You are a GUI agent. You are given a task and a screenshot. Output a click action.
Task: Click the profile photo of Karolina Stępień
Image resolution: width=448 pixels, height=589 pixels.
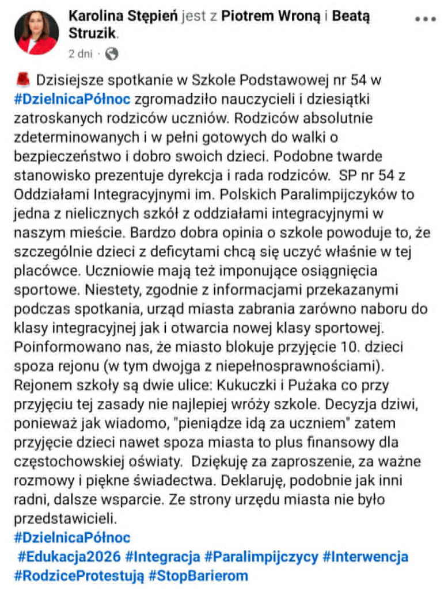[x=36, y=33]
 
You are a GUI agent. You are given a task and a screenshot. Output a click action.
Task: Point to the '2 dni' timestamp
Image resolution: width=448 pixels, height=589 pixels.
[x=80, y=54]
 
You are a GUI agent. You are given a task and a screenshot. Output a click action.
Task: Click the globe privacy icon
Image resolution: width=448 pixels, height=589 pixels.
[x=112, y=54]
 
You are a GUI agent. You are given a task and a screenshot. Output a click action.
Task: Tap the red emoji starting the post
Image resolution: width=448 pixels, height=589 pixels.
[x=23, y=79]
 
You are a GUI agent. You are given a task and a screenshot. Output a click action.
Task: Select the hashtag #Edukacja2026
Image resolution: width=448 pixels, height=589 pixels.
[x=69, y=557]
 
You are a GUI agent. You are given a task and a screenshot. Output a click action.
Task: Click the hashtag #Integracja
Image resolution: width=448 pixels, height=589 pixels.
[x=163, y=557]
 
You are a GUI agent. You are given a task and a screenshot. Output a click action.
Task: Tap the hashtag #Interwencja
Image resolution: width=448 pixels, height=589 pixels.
[x=365, y=557]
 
